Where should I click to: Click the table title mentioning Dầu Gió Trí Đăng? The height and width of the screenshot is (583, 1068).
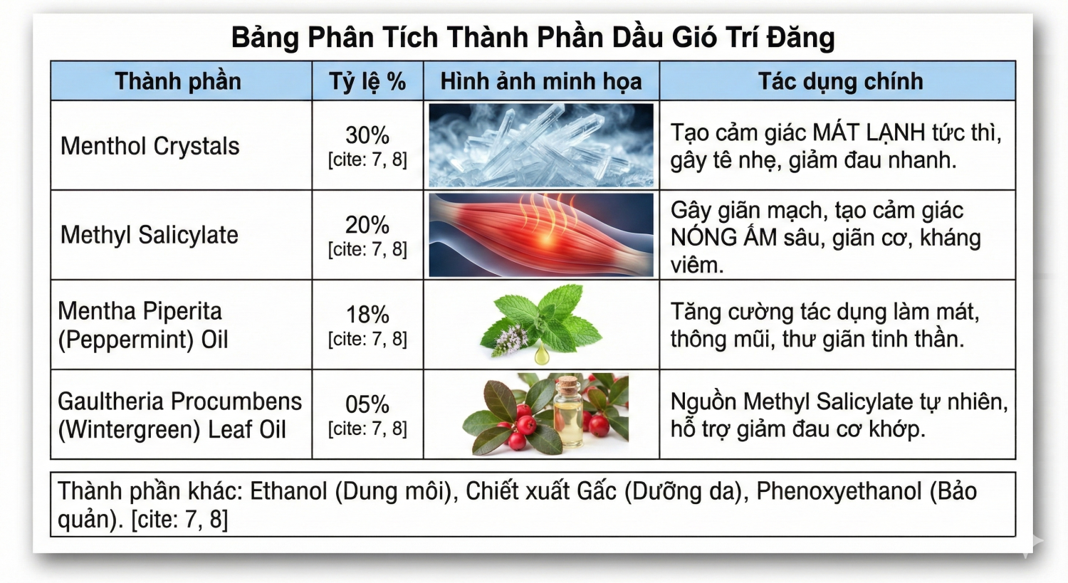[533, 37]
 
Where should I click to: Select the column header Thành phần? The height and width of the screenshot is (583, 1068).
[178, 81]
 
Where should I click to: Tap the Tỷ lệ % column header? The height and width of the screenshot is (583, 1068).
[367, 81]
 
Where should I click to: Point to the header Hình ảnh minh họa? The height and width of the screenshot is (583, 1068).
[541, 81]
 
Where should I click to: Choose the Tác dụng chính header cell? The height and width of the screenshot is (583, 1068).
[840, 81]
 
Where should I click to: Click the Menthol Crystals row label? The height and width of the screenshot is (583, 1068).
[150, 146]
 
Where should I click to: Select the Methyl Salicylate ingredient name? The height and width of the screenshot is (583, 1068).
[150, 235]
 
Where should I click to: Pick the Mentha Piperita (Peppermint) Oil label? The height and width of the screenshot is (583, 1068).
[142, 325]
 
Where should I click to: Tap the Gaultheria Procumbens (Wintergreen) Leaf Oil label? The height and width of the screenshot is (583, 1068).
[179, 415]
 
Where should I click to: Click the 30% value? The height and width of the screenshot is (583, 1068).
[367, 135]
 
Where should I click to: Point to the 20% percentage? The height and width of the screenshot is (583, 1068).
[367, 225]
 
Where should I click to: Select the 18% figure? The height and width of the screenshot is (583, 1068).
[367, 315]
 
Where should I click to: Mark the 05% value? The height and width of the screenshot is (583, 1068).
[367, 404]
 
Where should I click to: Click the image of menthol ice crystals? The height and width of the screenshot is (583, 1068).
[541, 145]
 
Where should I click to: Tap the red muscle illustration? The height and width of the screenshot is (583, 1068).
[541, 235]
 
